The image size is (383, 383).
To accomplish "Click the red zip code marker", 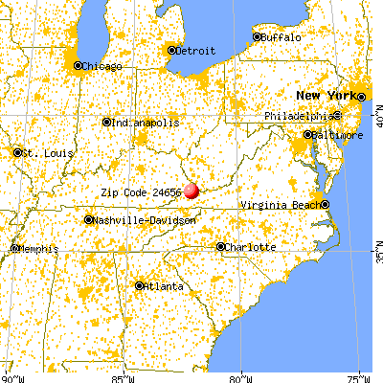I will [191, 191].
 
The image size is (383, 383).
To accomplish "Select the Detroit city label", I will [195, 50].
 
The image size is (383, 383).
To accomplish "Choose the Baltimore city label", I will [338, 135].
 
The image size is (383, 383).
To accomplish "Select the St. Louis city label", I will [42, 152].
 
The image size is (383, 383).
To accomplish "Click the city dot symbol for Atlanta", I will [140, 285].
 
